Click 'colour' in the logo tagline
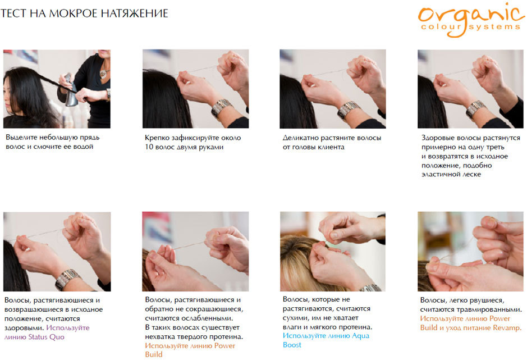click(441, 26)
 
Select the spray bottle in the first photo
click(71, 90)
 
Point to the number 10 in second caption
click(149, 147)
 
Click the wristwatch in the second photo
click(222, 107)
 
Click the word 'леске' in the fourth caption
click(472, 174)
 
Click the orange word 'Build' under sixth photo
click(154, 354)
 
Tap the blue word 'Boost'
click(292, 345)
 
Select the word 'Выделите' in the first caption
click(21, 137)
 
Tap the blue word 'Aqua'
click(360, 336)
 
